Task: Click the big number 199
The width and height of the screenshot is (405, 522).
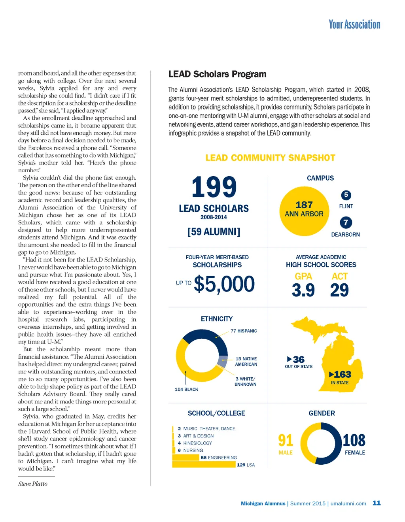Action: coord(214,187)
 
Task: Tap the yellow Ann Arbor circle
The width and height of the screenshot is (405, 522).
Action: coord(304,210)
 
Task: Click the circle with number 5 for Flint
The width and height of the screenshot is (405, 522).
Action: coord(346,195)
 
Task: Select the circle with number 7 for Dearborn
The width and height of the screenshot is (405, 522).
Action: coord(346,222)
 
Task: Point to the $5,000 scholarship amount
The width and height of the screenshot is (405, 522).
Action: coord(224,284)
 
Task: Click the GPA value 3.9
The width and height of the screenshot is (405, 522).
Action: coord(303,290)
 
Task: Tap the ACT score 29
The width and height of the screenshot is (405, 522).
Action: coord(339,290)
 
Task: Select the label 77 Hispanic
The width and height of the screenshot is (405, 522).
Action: coord(244,331)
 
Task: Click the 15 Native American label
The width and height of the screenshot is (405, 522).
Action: coord(246,362)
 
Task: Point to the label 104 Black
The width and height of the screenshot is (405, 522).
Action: coord(186,390)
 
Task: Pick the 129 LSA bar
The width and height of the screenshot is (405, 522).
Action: coord(204,465)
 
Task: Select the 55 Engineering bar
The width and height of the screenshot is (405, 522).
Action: coord(186,458)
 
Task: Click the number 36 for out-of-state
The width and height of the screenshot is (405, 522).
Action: coord(299,359)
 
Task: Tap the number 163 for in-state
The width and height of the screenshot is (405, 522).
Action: coord(342,374)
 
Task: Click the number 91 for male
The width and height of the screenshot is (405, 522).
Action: coord(286,440)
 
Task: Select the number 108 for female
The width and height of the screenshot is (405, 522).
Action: coord(354,440)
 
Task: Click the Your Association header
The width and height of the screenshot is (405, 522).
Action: coord(354,24)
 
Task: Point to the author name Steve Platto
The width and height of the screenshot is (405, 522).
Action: coord(33,484)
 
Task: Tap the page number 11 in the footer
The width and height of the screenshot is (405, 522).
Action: coord(377,503)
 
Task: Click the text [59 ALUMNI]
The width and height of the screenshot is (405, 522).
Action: coord(214,232)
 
